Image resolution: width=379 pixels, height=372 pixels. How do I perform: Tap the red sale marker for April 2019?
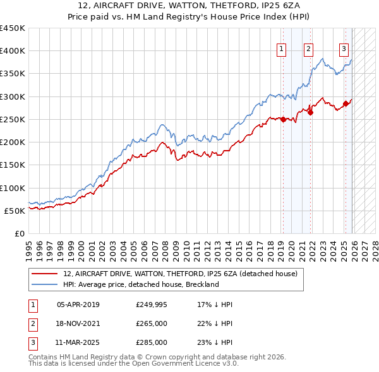[284, 119]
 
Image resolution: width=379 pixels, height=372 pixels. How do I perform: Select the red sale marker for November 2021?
[310, 112]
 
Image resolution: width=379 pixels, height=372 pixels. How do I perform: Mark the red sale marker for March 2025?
[346, 103]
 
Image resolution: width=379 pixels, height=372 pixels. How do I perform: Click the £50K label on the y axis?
[15, 211]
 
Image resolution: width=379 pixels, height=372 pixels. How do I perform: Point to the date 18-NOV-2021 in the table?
[78, 323]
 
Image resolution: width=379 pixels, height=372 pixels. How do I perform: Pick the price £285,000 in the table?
[152, 342]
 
